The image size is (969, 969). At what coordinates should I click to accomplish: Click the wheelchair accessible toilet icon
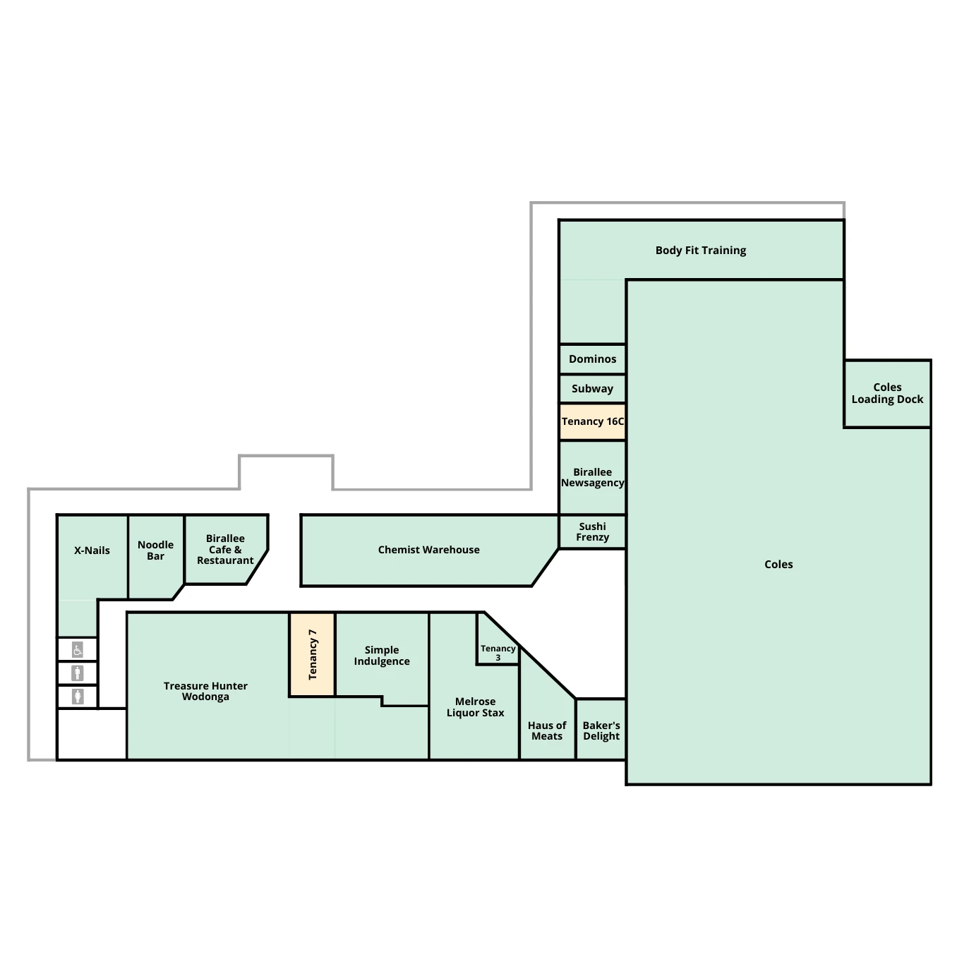click(78, 650)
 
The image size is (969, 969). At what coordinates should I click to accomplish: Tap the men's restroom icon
click(78, 673)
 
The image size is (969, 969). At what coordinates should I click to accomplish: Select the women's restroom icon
click(78, 697)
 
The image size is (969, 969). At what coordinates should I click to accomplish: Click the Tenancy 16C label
click(592, 421)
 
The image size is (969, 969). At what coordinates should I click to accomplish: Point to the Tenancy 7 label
click(312, 654)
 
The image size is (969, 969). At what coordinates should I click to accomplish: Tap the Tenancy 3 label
click(498, 653)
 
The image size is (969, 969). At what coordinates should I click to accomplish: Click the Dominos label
click(592, 359)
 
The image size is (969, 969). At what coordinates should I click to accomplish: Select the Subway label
click(592, 389)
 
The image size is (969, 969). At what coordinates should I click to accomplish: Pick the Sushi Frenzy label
click(592, 531)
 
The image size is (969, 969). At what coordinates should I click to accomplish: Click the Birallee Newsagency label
click(592, 477)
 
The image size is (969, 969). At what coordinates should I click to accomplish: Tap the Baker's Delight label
click(601, 730)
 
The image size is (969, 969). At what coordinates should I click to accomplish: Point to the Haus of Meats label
click(547, 730)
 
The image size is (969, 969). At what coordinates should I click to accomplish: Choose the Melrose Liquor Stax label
click(475, 707)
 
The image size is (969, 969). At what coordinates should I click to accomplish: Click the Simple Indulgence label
click(382, 656)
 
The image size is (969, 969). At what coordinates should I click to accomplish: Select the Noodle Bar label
click(155, 550)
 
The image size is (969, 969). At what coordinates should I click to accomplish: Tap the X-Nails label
click(92, 550)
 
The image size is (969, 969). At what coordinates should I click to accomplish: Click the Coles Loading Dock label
click(887, 393)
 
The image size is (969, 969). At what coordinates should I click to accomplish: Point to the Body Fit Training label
click(701, 251)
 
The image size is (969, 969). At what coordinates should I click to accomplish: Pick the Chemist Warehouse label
click(429, 550)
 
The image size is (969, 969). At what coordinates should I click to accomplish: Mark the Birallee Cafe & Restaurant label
click(225, 550)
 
